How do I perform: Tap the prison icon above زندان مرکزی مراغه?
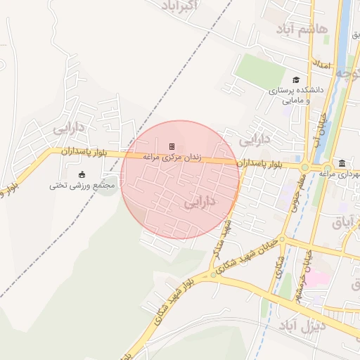pos(171,146)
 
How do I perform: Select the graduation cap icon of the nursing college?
pos(296,80)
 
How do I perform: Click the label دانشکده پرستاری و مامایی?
pos(296,96)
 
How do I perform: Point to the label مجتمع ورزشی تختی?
pos(82,186)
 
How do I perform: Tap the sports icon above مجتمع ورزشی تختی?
pos(82,174)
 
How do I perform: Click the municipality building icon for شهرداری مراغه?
pos(341,162)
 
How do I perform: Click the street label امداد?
pos(323,64)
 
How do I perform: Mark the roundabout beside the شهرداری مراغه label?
pos(304,167)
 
